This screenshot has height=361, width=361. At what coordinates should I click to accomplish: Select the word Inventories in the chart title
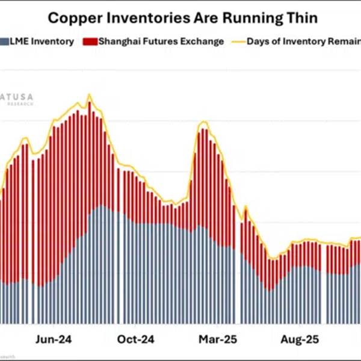pyautogui.click(x=143, y=18)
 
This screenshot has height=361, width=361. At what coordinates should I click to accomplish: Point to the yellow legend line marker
pyautogui.click(x=236, y=42)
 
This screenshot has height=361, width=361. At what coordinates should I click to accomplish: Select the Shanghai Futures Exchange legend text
pyautogui.click(x=161, y=42)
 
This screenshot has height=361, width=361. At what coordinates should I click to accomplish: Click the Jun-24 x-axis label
pyautogui.click(x=55, y=339)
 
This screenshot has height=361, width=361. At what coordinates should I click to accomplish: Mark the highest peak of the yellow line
pyautogui.click(x=89, y=94)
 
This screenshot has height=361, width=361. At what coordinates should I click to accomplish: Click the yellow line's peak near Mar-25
pyautogui.click(x=205, y=122)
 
